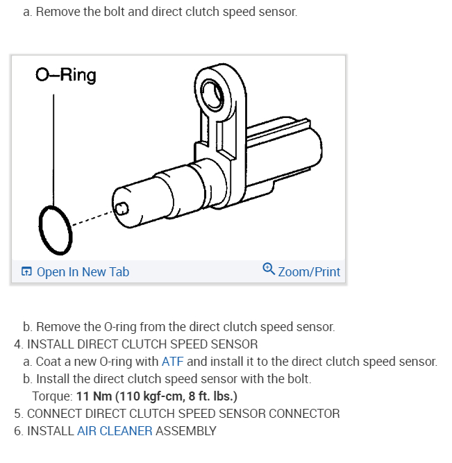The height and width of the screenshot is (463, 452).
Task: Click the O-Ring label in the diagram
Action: [x=65, y=74]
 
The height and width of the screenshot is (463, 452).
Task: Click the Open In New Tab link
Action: [x=83, y=272]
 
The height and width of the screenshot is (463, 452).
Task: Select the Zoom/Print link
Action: [x=309, y=272]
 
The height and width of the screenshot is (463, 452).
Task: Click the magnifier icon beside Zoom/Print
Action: [x=269, y=269]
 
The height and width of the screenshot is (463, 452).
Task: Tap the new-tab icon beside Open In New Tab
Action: [x=26, y=272]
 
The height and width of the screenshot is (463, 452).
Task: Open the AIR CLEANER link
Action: [x=115, y=431]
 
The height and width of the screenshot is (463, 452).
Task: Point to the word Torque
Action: [x=51, y=396]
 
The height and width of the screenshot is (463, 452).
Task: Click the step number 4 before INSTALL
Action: [x=18, y=344]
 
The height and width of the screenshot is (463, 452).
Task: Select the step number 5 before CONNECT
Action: [x=18, y=414]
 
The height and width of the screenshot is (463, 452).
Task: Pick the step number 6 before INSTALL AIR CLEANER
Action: [x=18, y=431]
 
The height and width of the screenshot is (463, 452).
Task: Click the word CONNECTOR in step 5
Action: [x=304, y=414]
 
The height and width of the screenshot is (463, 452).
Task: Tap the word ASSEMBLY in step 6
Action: [x=186, y=431]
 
